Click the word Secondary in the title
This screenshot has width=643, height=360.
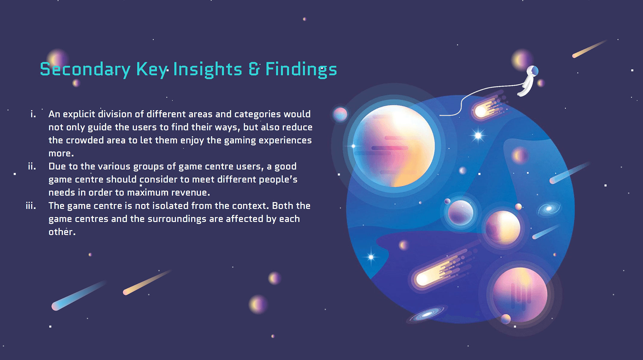85,69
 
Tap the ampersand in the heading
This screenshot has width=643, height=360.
254,69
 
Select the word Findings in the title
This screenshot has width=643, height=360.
301,69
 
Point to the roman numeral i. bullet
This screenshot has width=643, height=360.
33,114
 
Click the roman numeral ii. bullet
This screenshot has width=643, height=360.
32,166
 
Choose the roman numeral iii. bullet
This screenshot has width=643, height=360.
31,206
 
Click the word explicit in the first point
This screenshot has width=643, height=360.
79,114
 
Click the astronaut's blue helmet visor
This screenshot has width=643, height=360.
535,71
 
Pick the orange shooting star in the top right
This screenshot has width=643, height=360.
590,49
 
